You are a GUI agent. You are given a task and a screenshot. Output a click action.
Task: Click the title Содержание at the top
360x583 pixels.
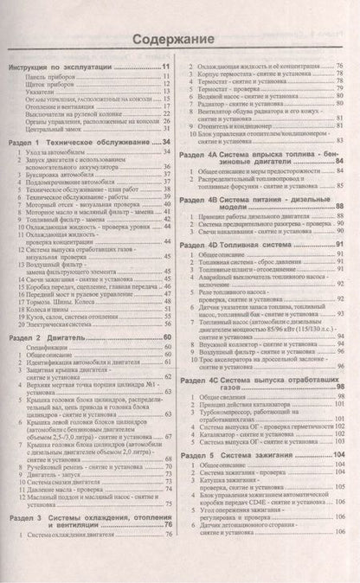(x=180, y=40)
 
